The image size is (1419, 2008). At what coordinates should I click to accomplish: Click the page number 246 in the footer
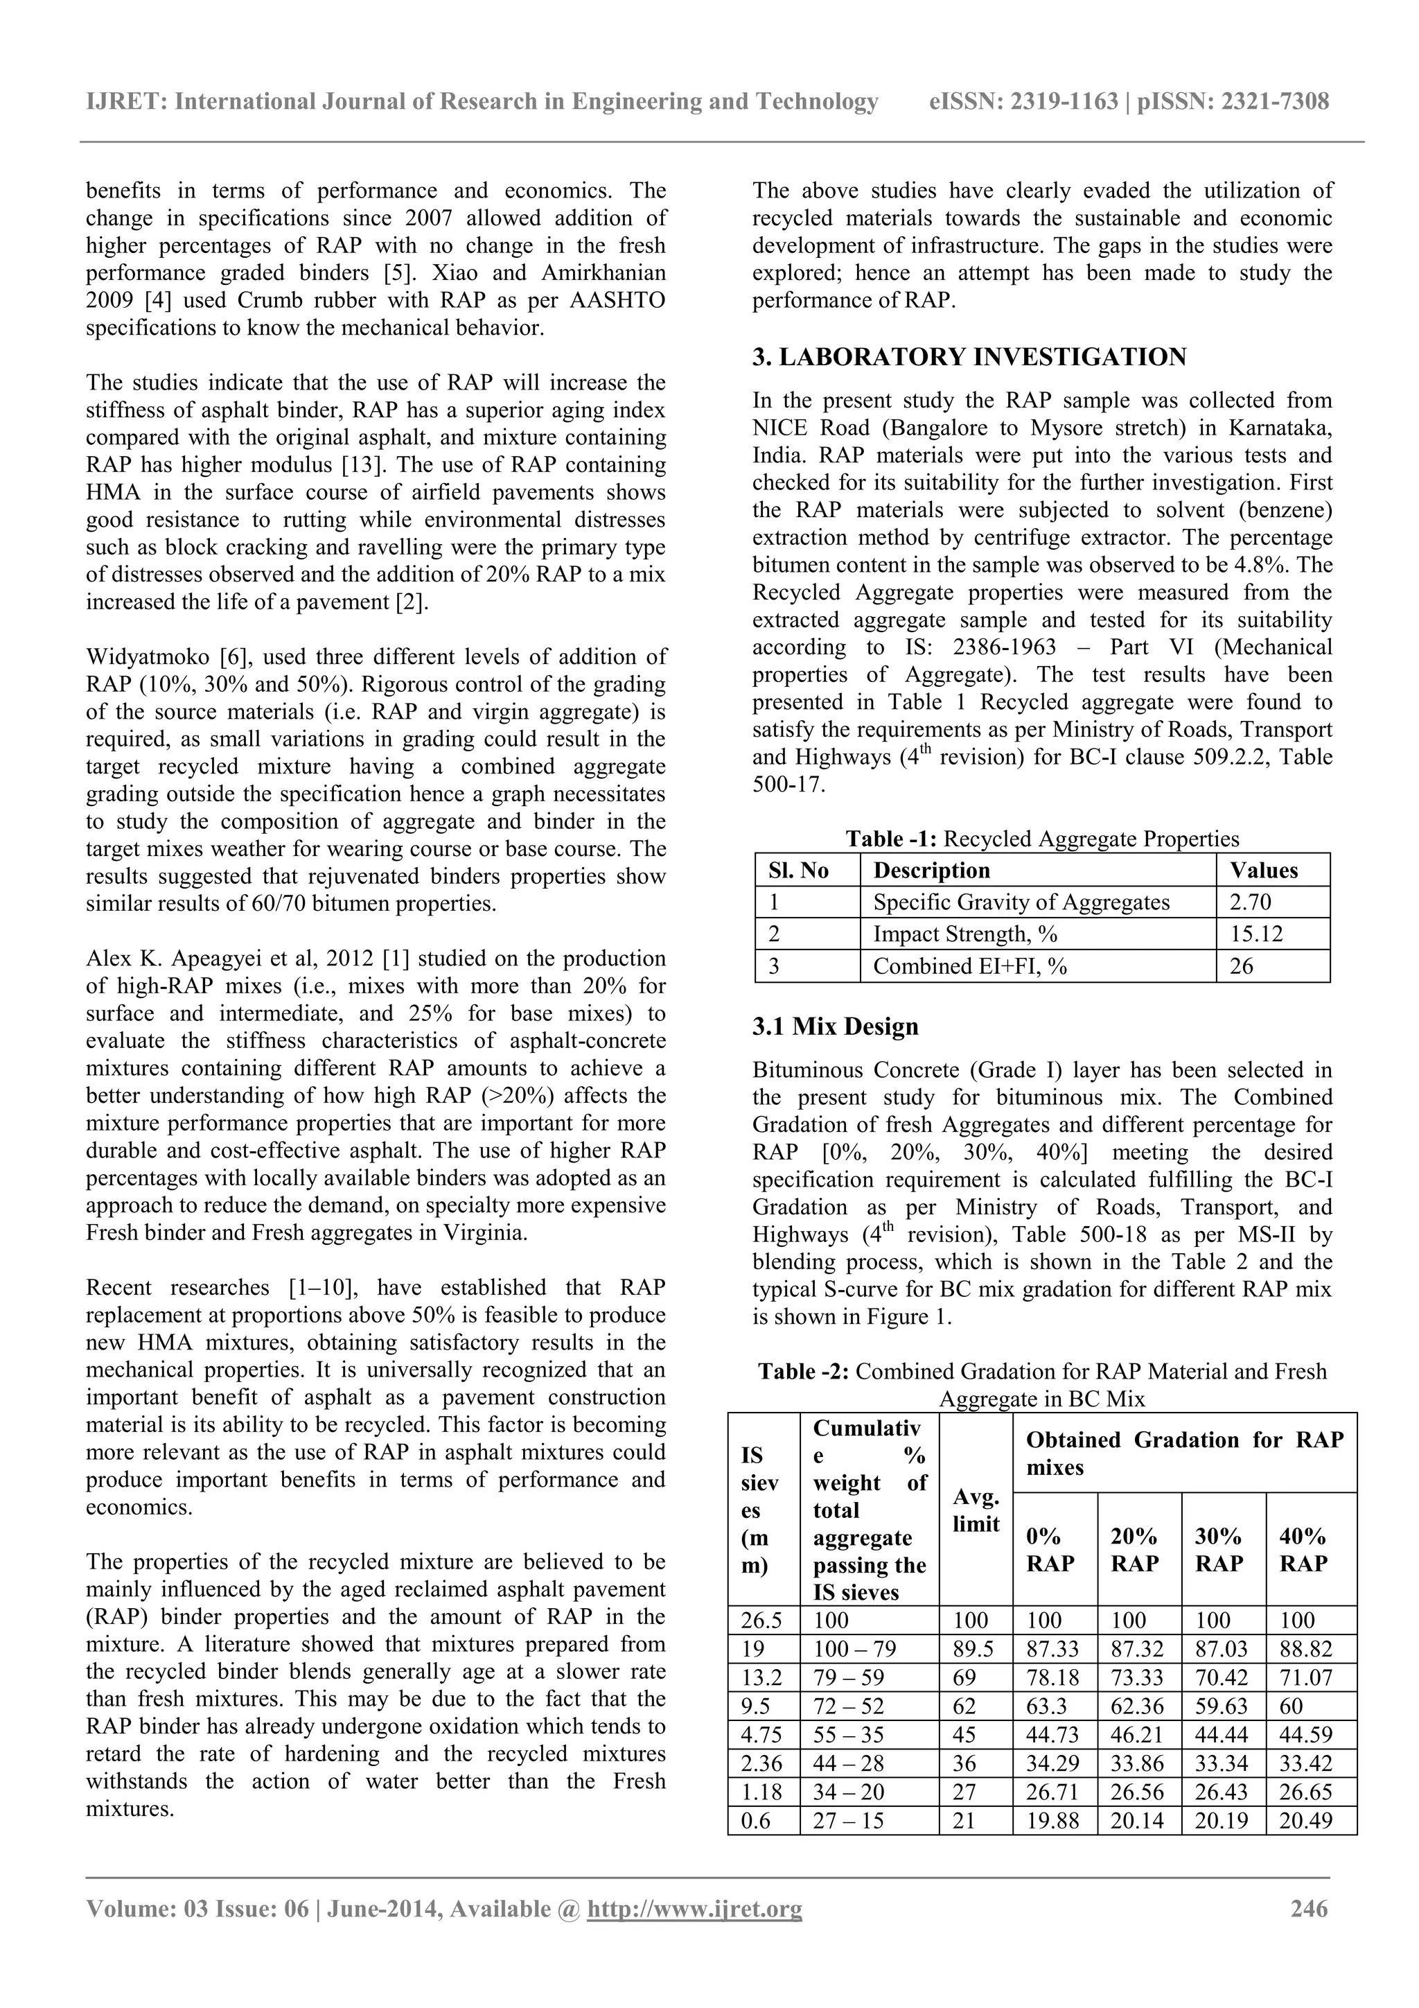tap(1309, 1908)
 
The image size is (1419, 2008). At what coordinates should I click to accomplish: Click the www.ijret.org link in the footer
tap(694, 1908)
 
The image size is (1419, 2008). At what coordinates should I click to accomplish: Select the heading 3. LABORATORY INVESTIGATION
tap(969, 357)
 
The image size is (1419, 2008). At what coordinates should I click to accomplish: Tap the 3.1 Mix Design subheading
tap(835, 1026)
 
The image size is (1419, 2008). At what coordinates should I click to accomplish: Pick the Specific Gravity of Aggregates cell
tap(1021, 902)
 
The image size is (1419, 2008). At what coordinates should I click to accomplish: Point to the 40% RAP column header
tap(1303, 1551)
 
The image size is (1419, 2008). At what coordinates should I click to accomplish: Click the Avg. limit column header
tap(975, 1510)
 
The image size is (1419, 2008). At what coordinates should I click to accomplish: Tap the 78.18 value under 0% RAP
tap(1052, 1677)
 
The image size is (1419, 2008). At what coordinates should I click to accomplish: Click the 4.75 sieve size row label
tap(761, 1734)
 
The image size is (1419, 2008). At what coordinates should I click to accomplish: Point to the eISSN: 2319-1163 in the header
tap(1023, 101)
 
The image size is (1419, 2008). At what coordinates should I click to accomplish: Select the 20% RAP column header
tap(1134, 1551)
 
